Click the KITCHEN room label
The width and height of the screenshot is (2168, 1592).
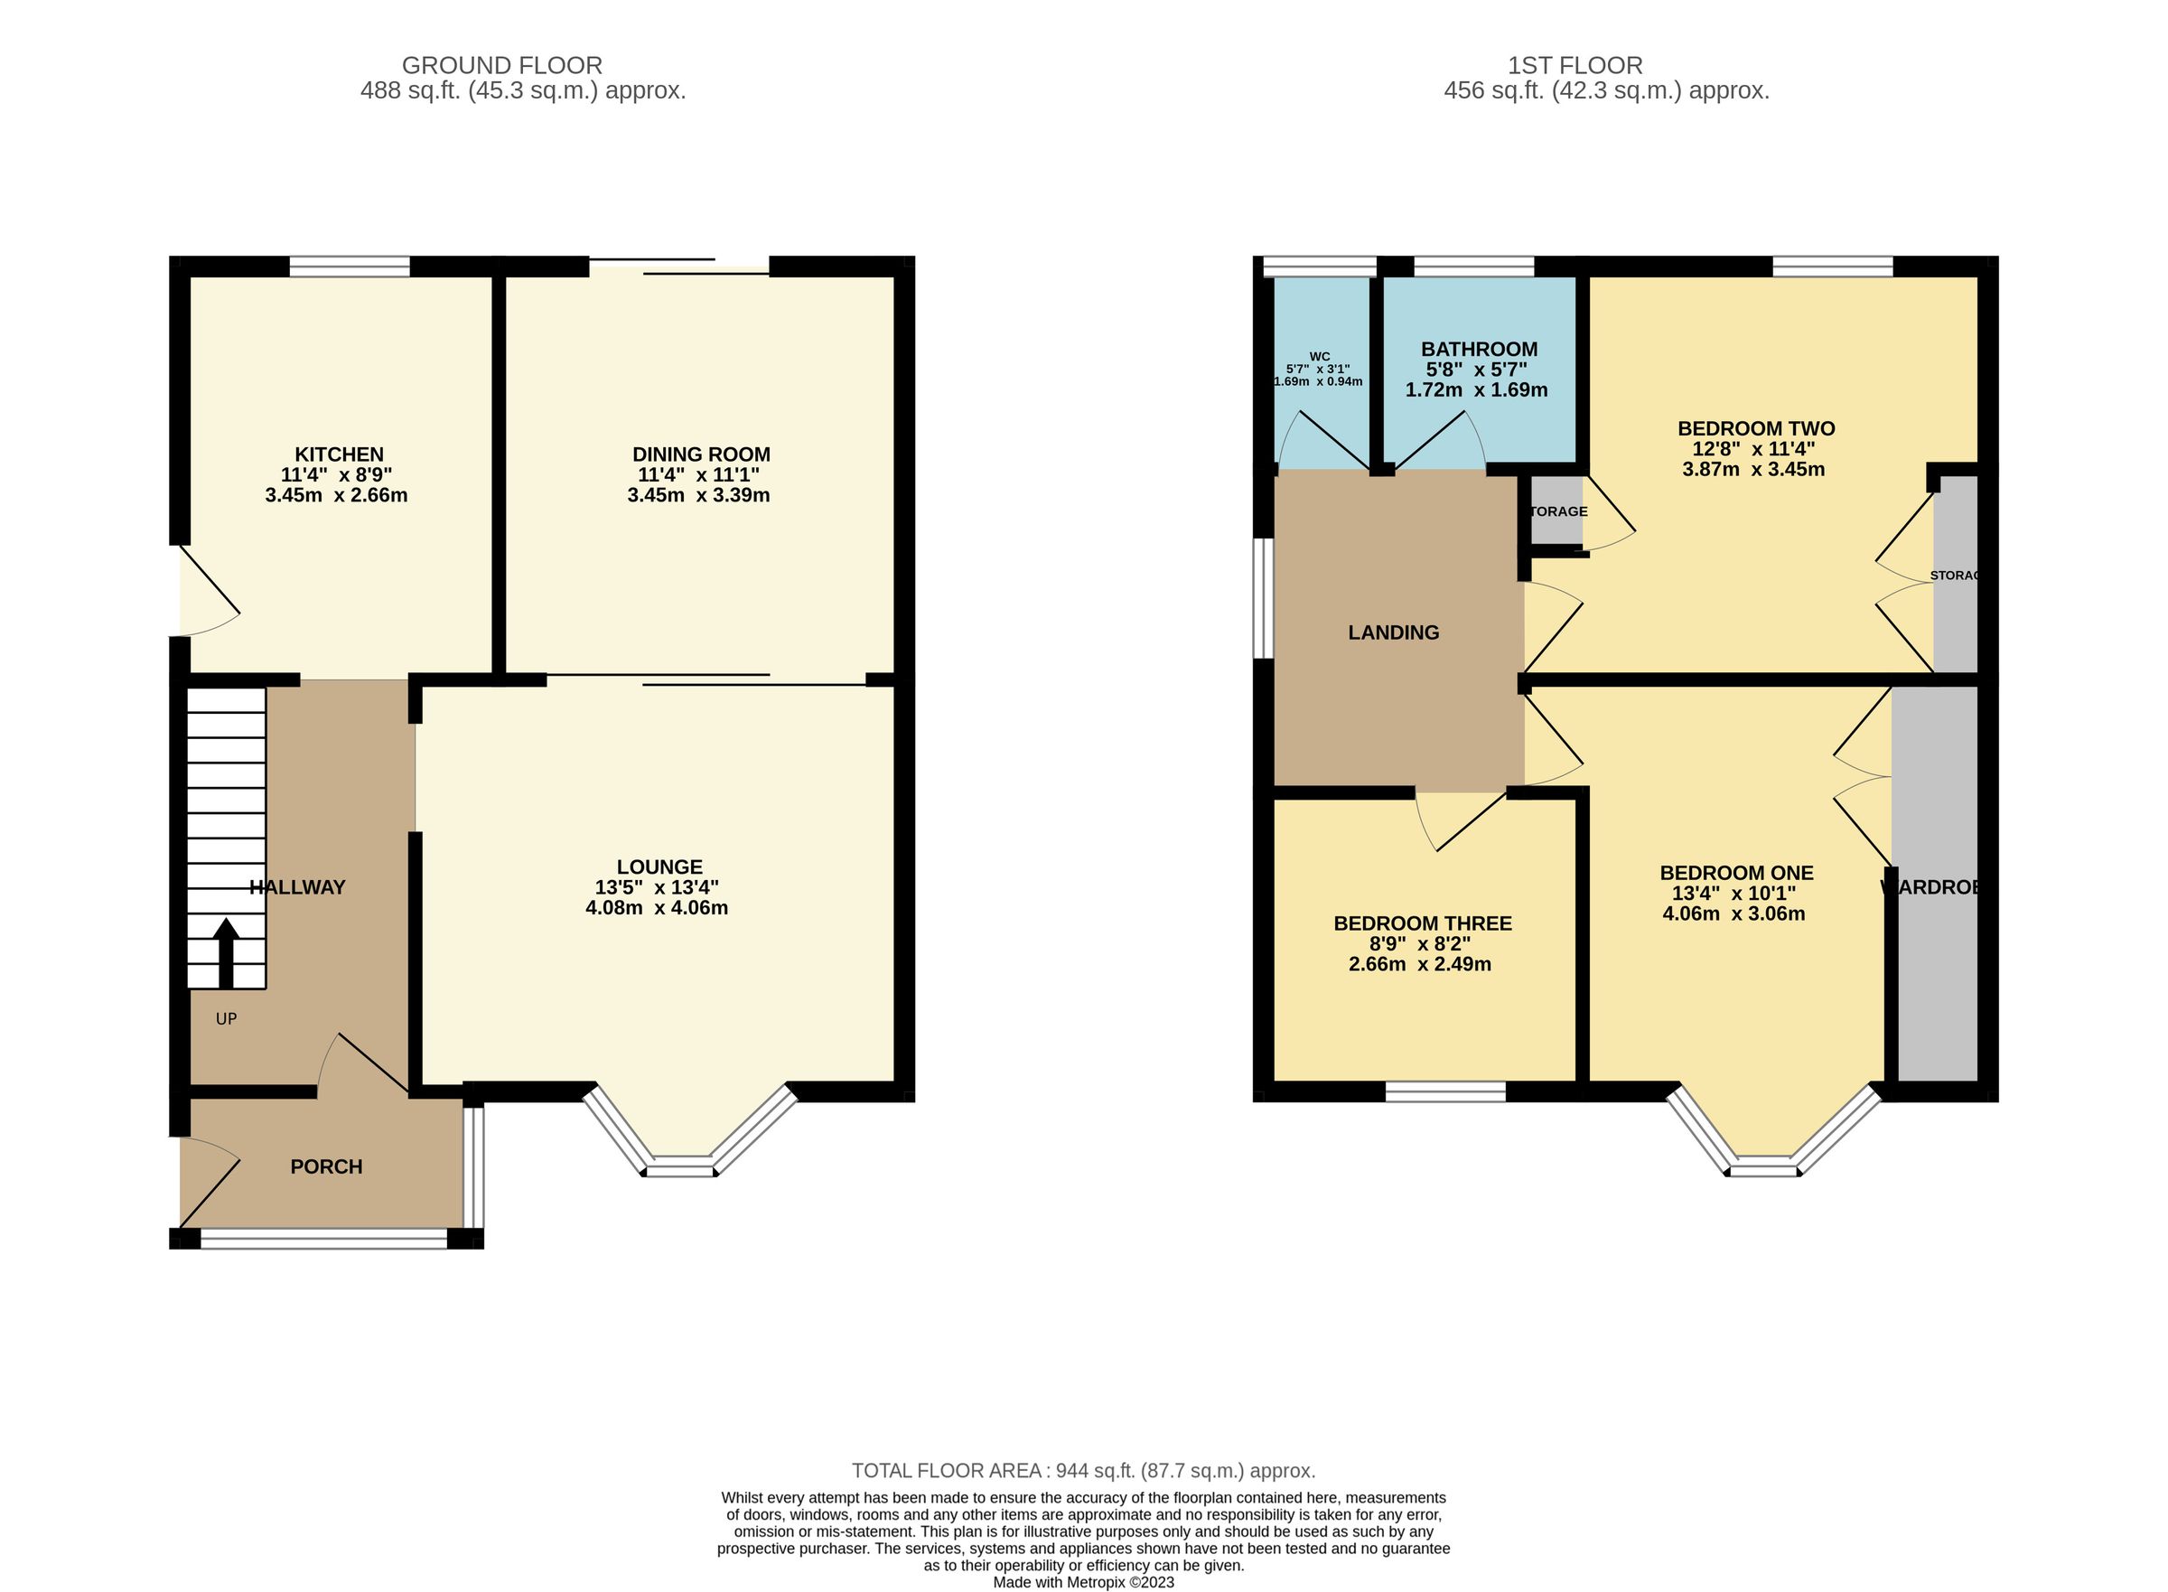338,454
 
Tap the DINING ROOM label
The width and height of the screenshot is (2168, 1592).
700,454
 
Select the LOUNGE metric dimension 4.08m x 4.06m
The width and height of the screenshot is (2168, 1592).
656,908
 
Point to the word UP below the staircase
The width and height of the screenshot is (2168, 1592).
226,1018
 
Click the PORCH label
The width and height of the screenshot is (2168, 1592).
326,1167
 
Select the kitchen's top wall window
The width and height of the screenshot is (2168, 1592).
350,266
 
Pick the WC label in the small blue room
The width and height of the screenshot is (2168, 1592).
1319,357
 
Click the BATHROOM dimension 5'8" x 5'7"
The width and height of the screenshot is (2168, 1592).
1475,370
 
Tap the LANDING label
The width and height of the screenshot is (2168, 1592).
1392,633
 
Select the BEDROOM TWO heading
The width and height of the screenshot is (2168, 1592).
1755,429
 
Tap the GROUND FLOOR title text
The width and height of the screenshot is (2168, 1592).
502,66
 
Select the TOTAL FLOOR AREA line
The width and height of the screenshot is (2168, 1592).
1083,1471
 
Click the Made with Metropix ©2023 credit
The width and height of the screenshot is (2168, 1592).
1083,1582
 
